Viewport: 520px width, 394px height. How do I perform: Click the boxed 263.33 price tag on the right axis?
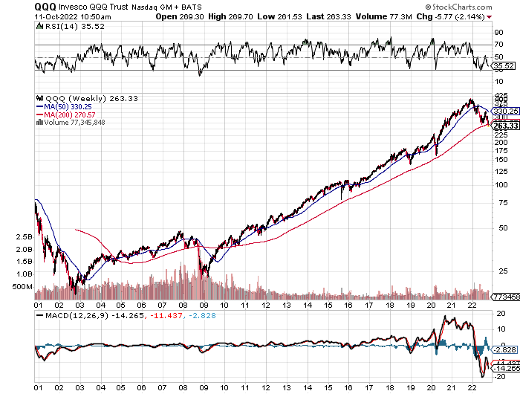point(504,126)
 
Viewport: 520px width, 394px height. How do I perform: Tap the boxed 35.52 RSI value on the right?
point(503,66)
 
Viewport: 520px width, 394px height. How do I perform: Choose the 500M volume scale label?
point(23,285)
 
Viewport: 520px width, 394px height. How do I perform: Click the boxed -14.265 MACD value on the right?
point(504,367)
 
